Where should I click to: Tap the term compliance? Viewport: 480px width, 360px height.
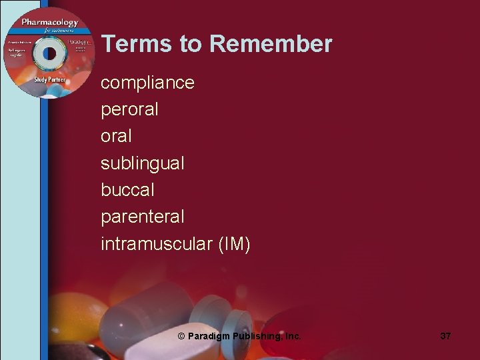147,83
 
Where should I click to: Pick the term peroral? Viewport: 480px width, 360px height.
129,109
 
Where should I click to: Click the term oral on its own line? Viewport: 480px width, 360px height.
116,136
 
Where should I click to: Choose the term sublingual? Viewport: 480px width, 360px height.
142,163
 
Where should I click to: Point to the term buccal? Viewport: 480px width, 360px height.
127,189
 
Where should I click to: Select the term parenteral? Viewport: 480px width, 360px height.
142,217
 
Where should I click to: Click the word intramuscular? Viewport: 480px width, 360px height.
156,244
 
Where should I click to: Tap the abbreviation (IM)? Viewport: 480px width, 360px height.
234,244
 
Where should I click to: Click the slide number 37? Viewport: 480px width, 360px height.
445,336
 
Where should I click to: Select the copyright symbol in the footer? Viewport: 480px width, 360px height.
181,337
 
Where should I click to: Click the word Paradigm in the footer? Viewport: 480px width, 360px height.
210,337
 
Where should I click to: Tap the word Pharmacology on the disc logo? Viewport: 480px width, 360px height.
49,23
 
